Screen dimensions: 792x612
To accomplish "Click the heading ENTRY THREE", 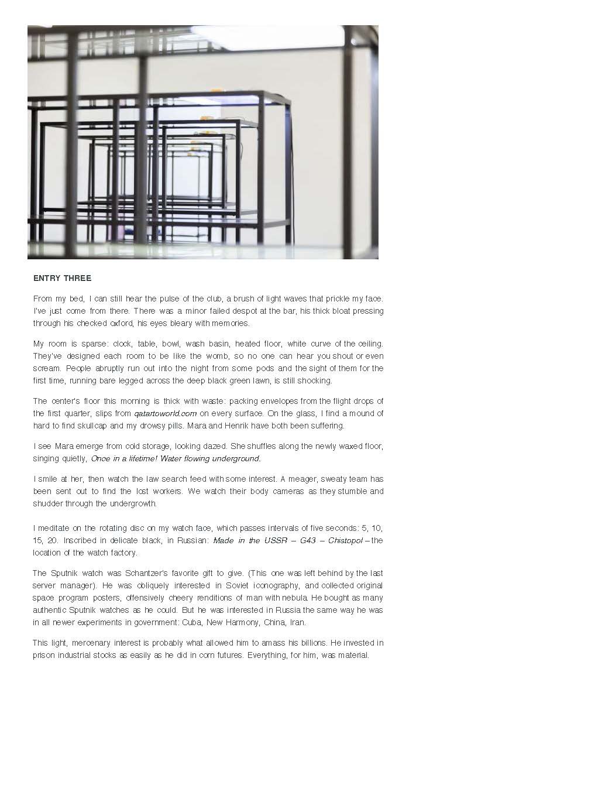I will [62, 278].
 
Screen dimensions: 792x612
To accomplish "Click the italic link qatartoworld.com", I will [165, 413].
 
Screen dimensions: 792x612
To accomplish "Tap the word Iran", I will [297, 622].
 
